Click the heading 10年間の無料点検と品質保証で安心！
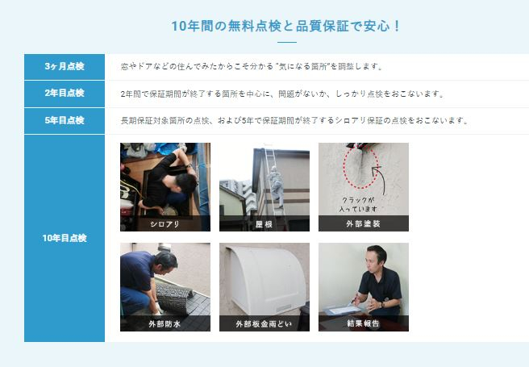(285, 26)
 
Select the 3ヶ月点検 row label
(65, 66)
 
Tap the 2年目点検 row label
(65, 93)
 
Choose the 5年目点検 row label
(65, 120)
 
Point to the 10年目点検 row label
(65, 238)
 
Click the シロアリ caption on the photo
(165, 224)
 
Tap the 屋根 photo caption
(264, 224)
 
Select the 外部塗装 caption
(364, 223)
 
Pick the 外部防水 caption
(165, 323)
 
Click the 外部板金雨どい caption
(264, 323)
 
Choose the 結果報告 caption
(364, 323)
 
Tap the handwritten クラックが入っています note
(358, 204)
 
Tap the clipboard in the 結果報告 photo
(343, 310)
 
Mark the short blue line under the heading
(287, 43)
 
